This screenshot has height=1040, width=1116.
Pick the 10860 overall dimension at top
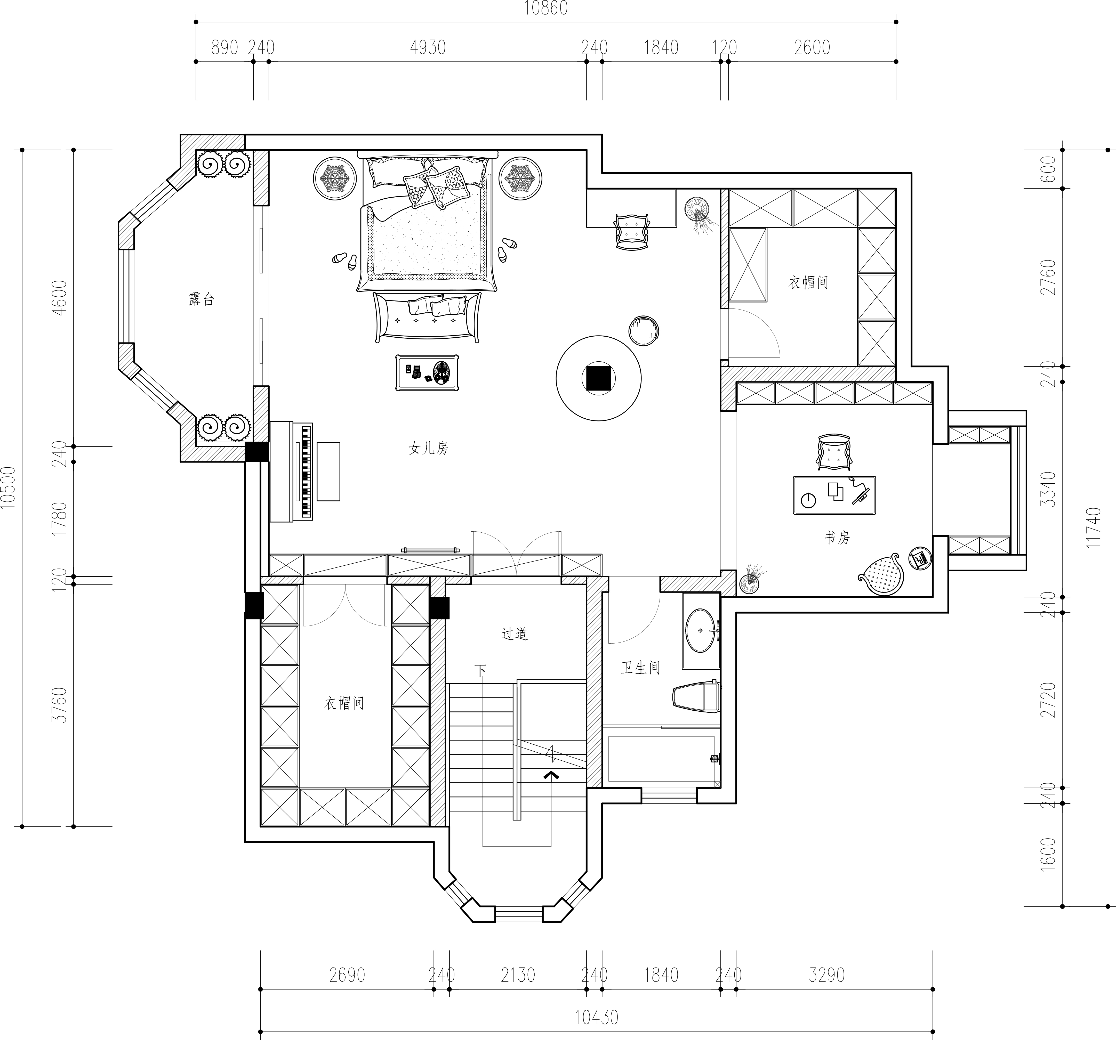pos(546,9)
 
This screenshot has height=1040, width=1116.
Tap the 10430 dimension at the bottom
pos(596,1017)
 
